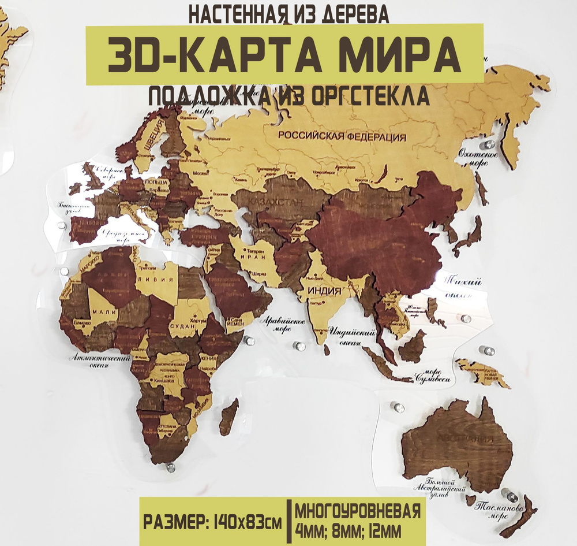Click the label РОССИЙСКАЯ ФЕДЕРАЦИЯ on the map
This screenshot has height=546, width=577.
(x=341, y=136)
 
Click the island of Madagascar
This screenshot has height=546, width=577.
(x=228, y=417)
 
